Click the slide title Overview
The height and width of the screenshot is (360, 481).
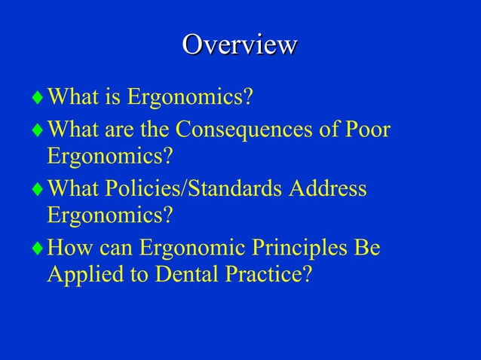tap(240, 44)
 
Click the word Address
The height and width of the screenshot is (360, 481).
tap(330, 188)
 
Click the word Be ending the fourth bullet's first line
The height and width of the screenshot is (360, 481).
tap(367, 247)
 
